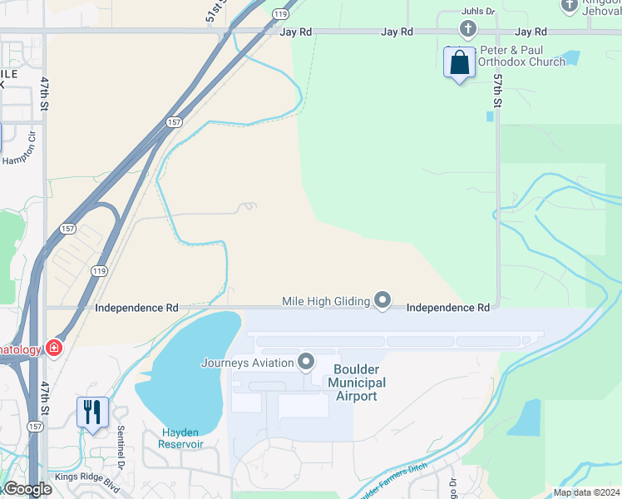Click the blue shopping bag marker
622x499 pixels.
[459, 63]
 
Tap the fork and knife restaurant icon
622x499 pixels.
[92, 411]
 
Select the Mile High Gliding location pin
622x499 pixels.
[383, 301]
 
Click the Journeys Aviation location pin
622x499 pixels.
[306, 362]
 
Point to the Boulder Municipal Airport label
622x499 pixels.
[357, 383]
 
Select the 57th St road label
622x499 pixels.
[497, 90]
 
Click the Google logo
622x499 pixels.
[27, 489]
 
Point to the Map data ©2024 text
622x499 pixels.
[585, 492]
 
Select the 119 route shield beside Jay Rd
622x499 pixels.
[280, 14]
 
